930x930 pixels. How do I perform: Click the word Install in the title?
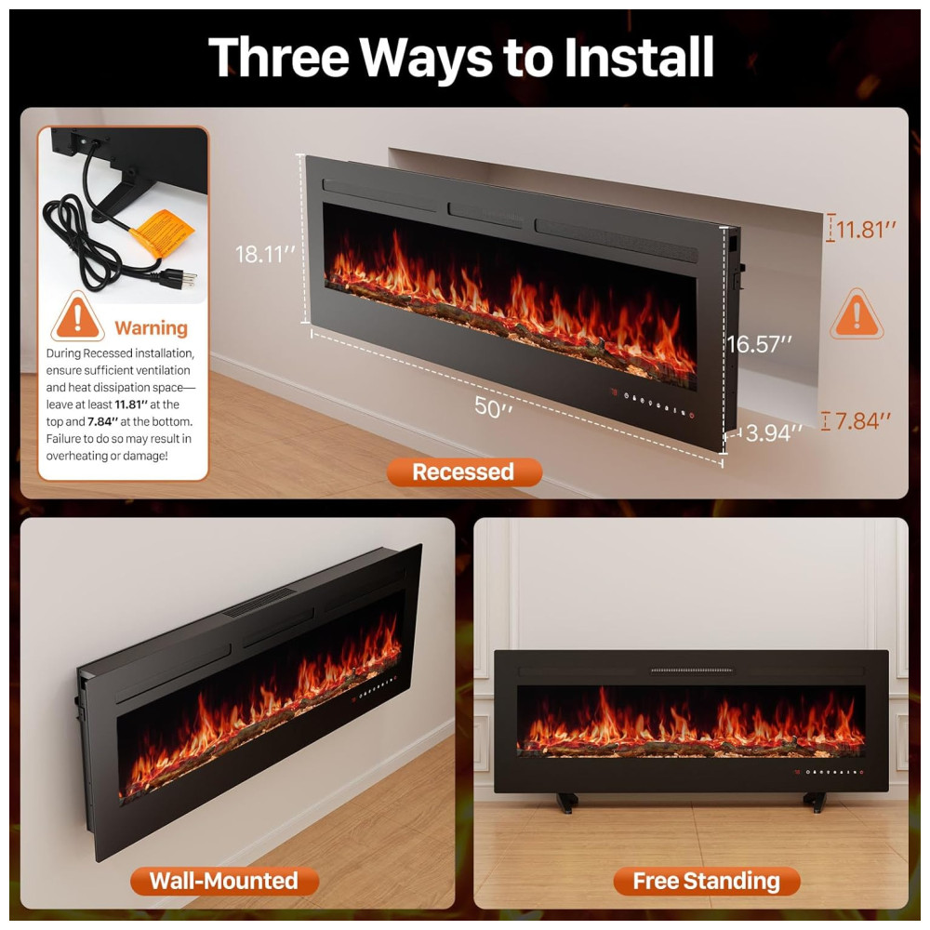638,57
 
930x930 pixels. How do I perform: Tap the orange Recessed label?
464,472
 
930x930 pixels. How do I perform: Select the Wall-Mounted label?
224,881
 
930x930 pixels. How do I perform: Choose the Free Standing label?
707,881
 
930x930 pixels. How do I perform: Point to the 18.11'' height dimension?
265,255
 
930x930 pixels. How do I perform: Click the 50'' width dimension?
494,407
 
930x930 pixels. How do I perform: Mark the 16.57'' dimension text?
760,344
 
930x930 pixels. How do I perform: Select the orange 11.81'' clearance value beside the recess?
865,230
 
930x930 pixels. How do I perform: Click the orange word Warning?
152,327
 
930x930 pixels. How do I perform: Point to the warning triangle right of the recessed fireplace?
857,314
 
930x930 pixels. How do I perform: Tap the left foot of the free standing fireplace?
567,802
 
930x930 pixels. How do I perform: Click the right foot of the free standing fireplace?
815,802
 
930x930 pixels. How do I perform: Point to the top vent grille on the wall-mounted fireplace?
260,602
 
